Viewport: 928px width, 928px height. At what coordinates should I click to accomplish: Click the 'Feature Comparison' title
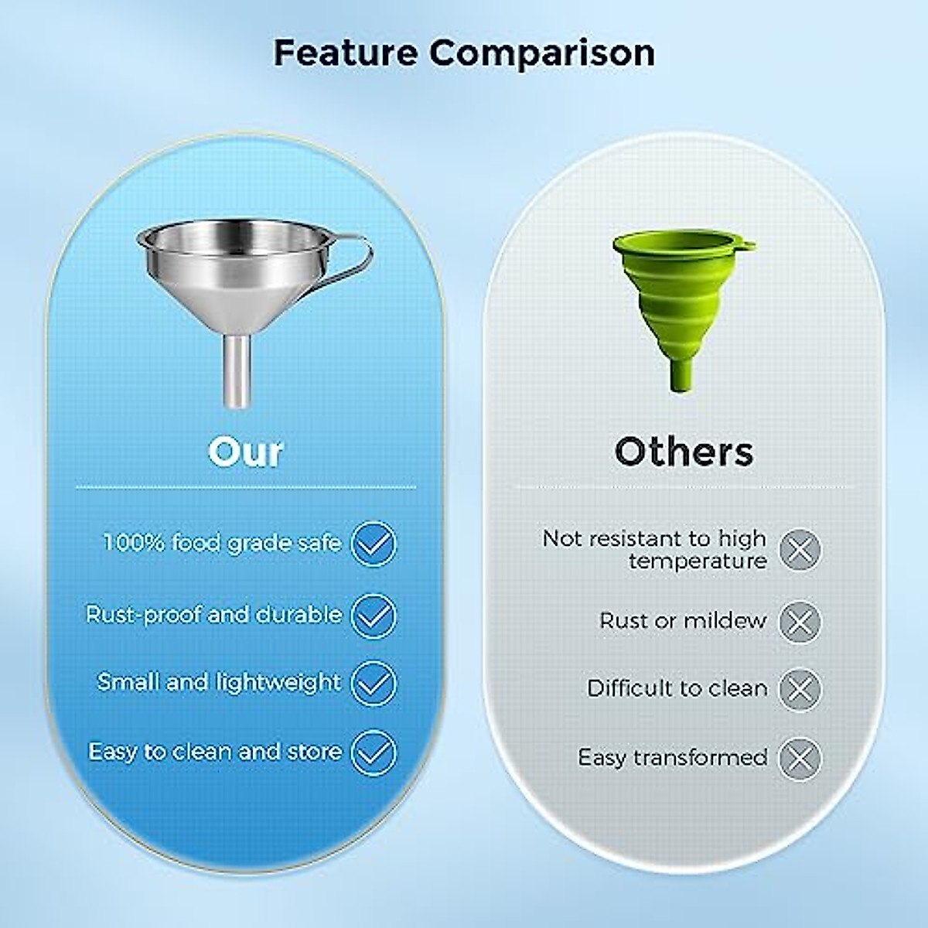[x=464, y=53]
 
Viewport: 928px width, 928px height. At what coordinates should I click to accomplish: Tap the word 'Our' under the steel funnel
[x=245, y=452]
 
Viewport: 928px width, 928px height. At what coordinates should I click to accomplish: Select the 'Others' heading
[x=684, y=452]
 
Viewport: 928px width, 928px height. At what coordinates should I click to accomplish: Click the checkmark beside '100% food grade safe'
[x=374, y=544]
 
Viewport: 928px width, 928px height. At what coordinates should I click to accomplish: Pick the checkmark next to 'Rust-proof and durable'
[x=374, y=616]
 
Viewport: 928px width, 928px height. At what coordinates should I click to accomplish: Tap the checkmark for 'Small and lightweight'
[x=374, y=683]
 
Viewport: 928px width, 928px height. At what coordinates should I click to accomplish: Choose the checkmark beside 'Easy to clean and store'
[x=374, y=752]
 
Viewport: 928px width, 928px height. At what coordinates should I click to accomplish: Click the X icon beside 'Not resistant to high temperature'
[x=800, y=551]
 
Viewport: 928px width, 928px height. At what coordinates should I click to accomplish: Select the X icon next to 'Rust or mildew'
[x=800, y=621]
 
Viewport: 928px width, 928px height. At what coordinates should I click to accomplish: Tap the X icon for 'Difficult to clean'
[x=800, y=689]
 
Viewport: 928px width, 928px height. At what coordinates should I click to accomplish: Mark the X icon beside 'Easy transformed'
[x=800, y=758]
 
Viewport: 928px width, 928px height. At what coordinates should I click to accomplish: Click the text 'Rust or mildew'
[x=683, y=620]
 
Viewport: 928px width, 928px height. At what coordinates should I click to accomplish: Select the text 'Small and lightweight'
[x=219, y=682]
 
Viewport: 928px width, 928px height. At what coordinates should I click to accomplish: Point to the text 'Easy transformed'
[x=672, y=757]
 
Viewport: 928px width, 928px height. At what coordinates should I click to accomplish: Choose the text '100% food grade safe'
[x=222, y=542]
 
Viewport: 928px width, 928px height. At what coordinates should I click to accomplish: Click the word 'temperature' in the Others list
[x=698, y=561]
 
